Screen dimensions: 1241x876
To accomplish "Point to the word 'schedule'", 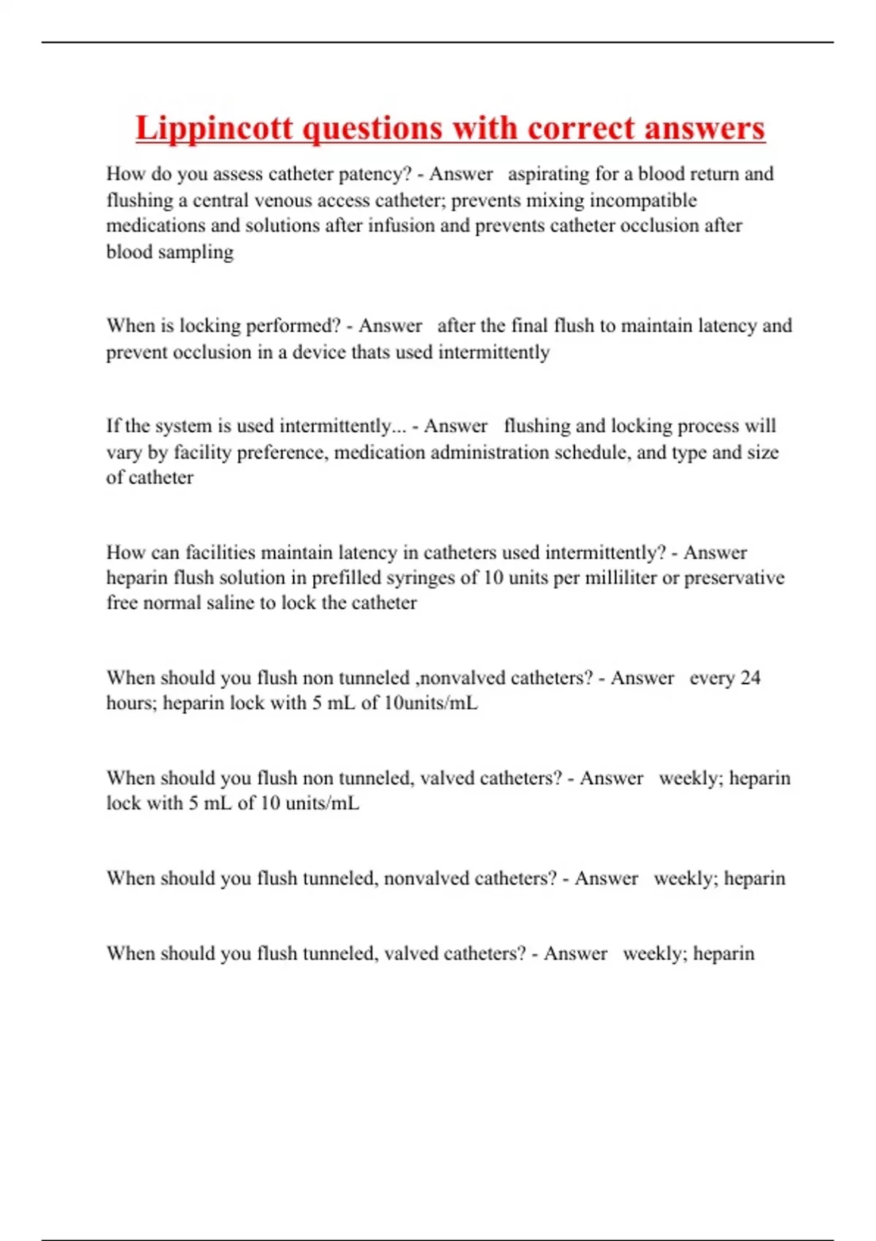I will pyautogui.click(x=592, y=452).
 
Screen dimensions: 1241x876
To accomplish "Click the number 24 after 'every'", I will pyautogui.click(x=750, y=678).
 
